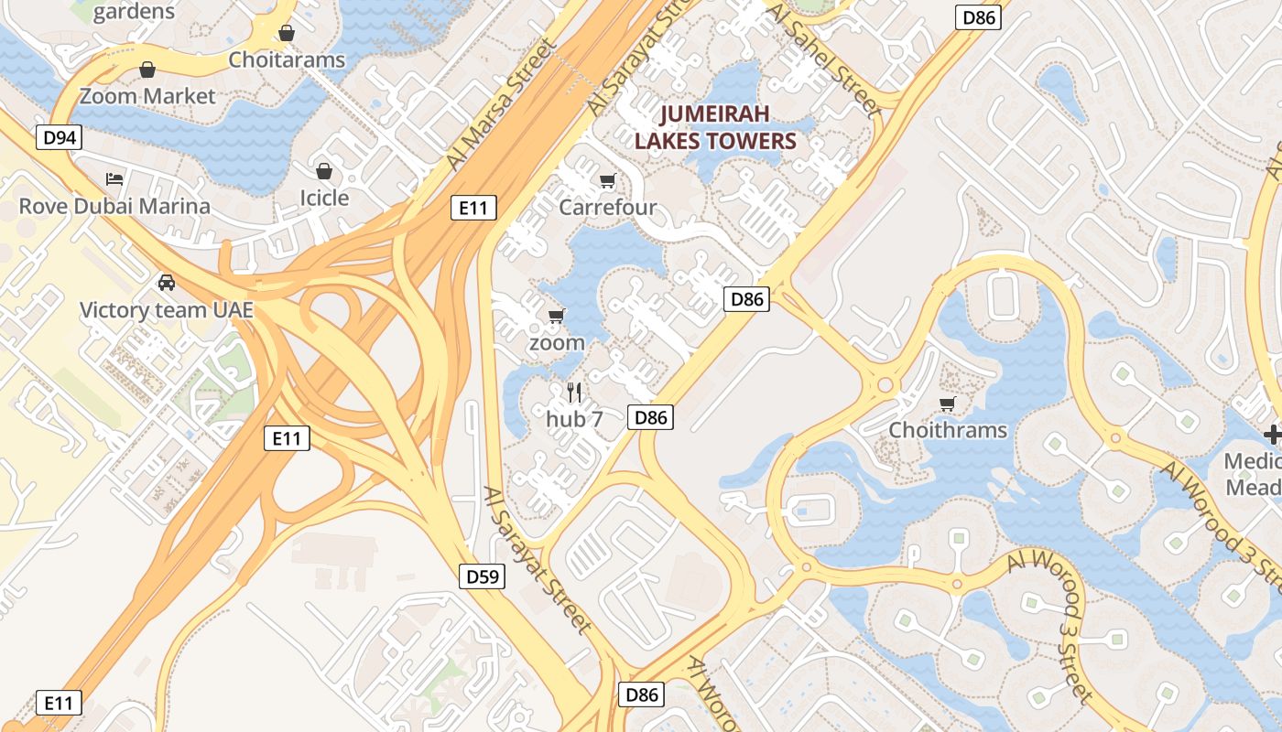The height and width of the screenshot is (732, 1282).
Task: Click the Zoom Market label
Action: (147, 96)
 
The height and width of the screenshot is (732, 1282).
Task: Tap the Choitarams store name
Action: (287, 60)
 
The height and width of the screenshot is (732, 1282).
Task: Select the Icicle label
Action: (324, 198)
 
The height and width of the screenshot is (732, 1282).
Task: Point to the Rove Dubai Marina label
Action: (114, 206)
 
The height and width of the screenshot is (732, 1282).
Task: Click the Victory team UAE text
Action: (166, 310)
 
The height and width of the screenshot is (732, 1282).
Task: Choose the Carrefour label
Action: (607, 207)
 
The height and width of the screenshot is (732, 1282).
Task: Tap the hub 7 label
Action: (574, 419)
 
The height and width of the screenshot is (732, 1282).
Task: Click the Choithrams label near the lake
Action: (948, 430)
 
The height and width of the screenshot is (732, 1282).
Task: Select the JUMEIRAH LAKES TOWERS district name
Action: (715, 127)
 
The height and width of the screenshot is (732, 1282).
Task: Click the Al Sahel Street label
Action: (826, 59)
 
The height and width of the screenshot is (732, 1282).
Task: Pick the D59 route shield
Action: (482, 576)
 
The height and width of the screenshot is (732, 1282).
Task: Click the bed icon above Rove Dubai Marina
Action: (114, 178)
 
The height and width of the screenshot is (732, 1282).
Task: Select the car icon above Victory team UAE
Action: (166, 282)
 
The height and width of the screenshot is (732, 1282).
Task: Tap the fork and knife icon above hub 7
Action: (574, 393)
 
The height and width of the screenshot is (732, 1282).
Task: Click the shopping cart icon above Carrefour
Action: (607, 180)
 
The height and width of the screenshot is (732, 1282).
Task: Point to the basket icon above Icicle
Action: (324, 171)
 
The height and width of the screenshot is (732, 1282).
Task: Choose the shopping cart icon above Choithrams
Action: (948, 404)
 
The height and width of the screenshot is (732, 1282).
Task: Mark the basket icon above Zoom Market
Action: (147, 70)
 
